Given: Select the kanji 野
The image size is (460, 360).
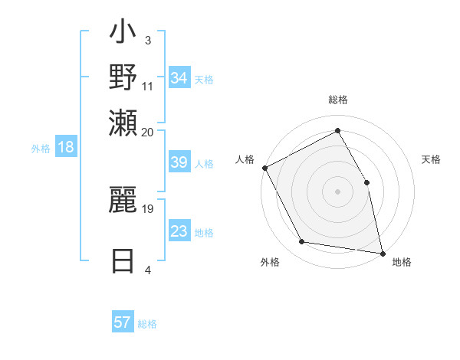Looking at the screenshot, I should pyautogui.click(x=123, y=78).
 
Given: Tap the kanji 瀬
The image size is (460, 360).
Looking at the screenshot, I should pyautogui.click(x=123, y=122).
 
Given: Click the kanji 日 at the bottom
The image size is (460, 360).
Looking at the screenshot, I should pyautogui.click(x=123, y=261).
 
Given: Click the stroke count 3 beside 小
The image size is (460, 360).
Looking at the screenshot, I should pyautogui.click(x=147, y=40).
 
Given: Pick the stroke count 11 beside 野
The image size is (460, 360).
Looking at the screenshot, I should pyautogui.click(x=148, y=86).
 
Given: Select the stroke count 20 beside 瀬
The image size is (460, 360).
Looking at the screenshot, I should pyautogui.click(x=148, y=132).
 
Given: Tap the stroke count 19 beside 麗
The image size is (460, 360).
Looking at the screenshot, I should pyautogui.click(x=148, y=208).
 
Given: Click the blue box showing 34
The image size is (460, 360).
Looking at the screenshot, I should pyautogui.click(x=179, y=78).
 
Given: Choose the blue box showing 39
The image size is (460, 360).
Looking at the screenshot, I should pyautogui.click(x=179, y=163).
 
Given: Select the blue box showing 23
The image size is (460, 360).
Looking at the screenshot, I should pyautogui.click(x=179, y=231).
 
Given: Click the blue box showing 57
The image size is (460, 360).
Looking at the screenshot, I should pyautogui.click(x=123, y=322).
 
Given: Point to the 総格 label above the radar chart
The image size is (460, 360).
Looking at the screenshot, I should pyautogui.click(x=337, y=100).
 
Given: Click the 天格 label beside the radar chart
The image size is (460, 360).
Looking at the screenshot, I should pyautogui.click(x=432, y=159).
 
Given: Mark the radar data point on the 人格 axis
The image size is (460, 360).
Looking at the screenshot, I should pyautogui.click(x=264, y=167).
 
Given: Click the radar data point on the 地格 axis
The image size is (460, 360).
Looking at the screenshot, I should pyautogui.click(x=382, y=252).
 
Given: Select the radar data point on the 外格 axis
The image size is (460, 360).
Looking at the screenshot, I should pyautogui.click(x=302, y=242).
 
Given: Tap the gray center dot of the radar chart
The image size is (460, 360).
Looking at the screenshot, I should pyautogui.click(x=337, y=191).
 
